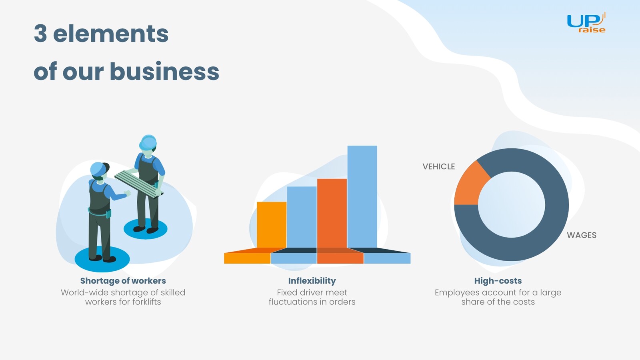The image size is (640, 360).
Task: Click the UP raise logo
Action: click(x=586, y=22)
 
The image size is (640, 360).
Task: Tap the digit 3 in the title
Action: click(x=40, y=34)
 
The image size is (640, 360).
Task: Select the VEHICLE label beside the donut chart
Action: click(x=438, y=166)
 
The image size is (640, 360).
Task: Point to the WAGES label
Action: click(x=582, y=235)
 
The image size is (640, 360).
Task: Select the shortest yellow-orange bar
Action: click(x=272, y=225)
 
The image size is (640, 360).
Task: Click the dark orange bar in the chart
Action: click(x=332, y=213)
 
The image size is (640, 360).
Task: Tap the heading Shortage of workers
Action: click(x=123, y=281)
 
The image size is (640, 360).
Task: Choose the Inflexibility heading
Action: click(x=312, y=281)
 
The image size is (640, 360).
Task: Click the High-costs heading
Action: click(x=498, y=281)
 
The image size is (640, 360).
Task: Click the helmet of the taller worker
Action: click(x=148, y=142)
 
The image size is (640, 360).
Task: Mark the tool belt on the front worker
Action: click(x=100, y=213)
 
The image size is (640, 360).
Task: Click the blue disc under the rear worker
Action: click(x=146, y=229)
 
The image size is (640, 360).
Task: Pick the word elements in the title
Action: click(x=111, y=34)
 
